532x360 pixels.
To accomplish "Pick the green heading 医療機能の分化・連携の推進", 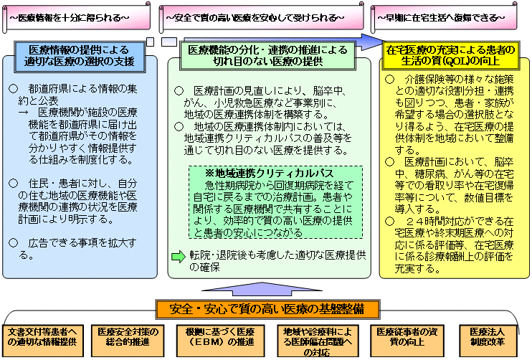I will [x=267, y=55].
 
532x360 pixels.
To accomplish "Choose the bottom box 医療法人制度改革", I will [x=490, y=337].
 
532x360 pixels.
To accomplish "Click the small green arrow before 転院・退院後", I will [x=178, y=256].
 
